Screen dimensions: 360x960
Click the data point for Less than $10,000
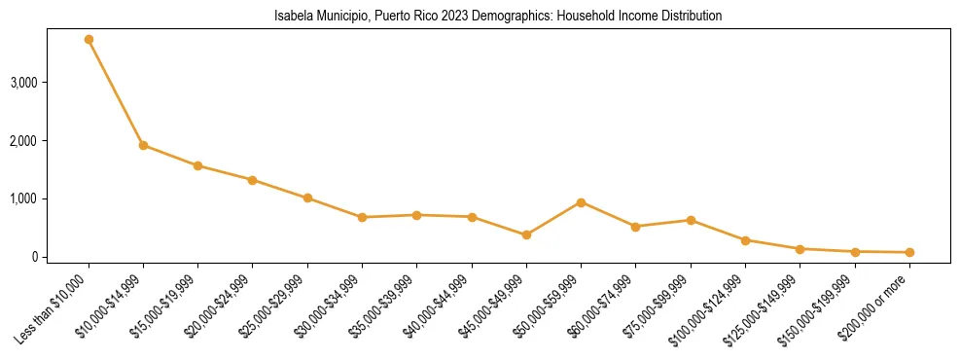click(89, 40)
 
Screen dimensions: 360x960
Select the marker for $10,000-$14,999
click(143, 145)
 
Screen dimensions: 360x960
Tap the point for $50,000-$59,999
click(581, 202)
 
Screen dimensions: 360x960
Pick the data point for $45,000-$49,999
click(526, 234)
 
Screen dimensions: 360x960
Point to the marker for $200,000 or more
click(909, 252)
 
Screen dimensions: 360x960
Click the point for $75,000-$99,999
click(691, 220)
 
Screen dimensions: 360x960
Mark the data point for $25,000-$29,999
click(307, 198)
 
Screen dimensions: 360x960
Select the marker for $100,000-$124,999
click(745, 240)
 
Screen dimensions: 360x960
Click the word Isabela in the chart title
click(291, 17)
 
